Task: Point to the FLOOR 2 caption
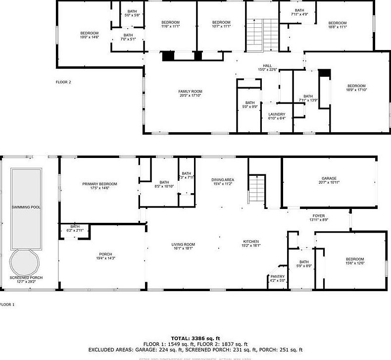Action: [x=63, y=82]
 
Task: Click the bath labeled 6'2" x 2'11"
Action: [x=75, y=228]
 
